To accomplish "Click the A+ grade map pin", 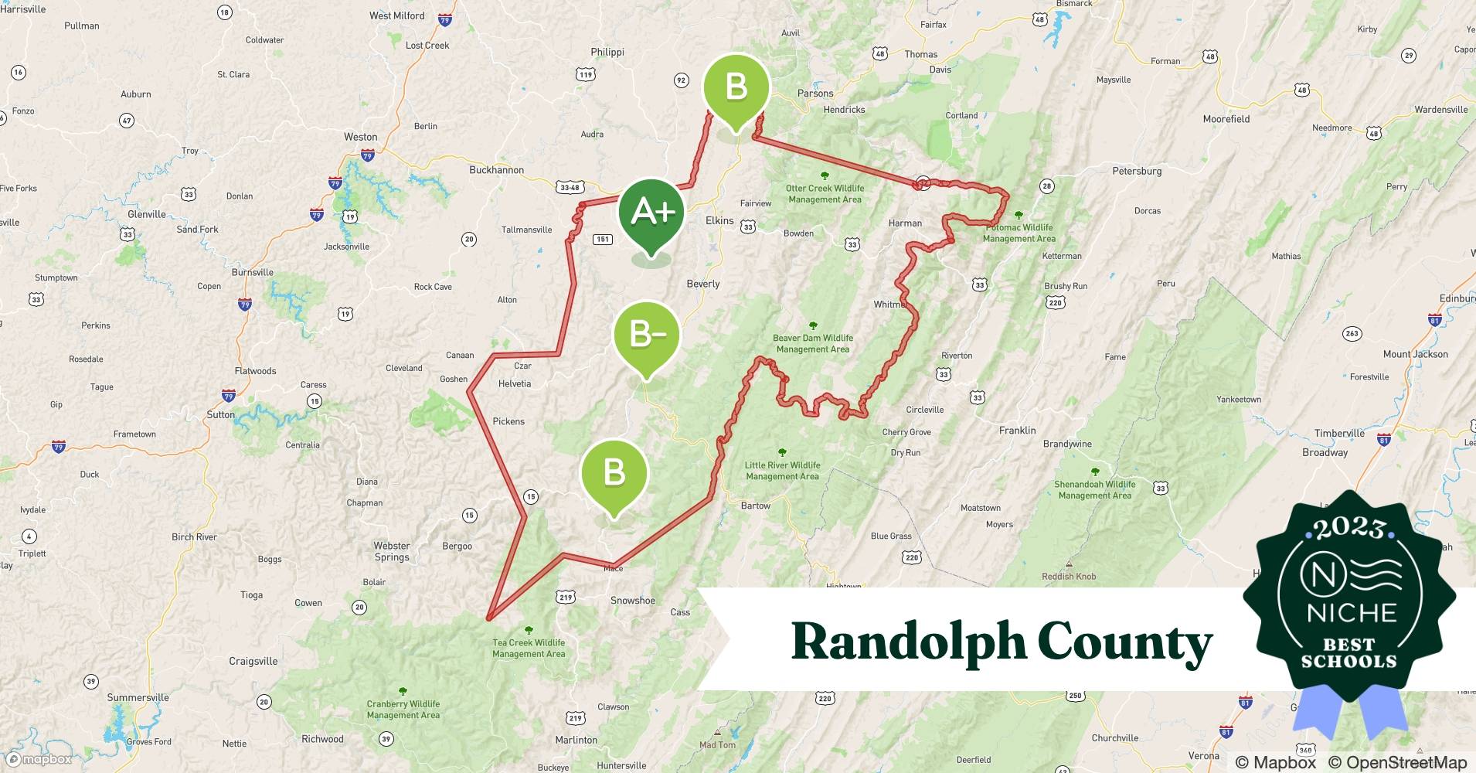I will [651, 213].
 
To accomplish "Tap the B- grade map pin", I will [646, 335].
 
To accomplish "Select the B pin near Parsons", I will [736, 87].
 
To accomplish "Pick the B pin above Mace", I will [614, 472].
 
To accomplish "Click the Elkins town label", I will [719, 220].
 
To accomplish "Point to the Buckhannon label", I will [496, 170].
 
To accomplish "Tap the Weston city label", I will [360, 137].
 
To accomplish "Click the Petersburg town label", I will [1137, 171].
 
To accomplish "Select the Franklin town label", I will [1017, 431].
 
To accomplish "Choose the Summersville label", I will [138, 697].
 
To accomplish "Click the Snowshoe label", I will [632, 601].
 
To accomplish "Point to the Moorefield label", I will [1226, 119].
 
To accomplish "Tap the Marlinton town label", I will [576, 740].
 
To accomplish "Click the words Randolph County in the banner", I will [1002, 642].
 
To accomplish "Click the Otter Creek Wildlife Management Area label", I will [825, 193].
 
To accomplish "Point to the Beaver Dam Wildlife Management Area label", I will [813, 343].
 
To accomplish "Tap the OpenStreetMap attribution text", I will [1396, 762].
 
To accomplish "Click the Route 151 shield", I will [603, 239].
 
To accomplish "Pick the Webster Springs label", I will [392, 551].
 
